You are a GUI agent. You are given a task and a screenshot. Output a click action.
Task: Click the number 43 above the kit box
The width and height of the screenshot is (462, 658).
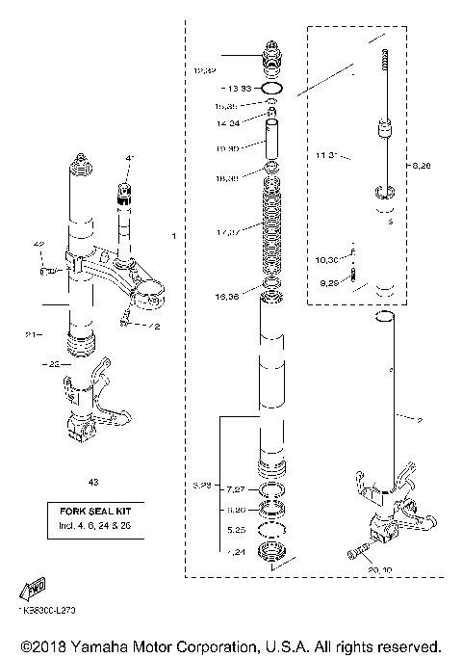(92, 481)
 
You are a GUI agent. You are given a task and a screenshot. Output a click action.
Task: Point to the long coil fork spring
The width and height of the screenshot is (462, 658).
(274, 231)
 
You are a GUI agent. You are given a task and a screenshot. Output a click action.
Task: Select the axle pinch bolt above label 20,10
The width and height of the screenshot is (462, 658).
(354, 553)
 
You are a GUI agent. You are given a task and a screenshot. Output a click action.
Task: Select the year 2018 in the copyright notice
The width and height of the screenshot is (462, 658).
(39, 644)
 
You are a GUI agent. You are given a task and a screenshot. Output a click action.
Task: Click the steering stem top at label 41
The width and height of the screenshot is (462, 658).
(125, 188)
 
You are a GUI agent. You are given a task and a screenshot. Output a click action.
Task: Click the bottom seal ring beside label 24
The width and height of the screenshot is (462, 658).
(274, 553)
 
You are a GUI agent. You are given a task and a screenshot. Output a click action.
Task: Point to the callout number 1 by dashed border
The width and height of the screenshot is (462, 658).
(174, 235)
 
